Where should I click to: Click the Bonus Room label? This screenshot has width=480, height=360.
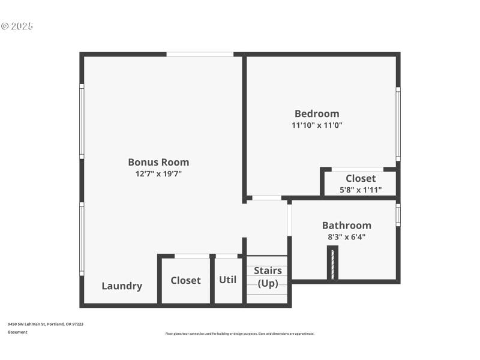(158, 162)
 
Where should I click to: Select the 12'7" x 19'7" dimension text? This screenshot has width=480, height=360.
(158, 174)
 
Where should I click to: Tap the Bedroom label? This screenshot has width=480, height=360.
(317, 113)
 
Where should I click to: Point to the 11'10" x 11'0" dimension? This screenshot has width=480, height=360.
(317, 125)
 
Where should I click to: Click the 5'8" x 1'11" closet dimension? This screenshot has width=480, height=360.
(361, 190)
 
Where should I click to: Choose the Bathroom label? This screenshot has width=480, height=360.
(347, 226)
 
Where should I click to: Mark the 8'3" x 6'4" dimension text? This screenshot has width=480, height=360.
(347, 237)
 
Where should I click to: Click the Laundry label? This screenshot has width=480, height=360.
(122, 286)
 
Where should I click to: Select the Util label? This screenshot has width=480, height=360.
(227, 280)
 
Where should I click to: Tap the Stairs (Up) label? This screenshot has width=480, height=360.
(268, 277)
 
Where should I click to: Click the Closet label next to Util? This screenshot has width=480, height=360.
(185, 280)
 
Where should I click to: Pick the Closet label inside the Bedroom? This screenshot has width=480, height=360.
(361, 178)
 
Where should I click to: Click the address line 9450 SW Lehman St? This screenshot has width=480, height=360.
(46, 324)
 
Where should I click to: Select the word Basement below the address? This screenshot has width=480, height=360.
(17, 332)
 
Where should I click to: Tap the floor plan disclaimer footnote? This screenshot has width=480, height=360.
(239, 334)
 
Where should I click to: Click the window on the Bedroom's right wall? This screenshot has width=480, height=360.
(398, 124)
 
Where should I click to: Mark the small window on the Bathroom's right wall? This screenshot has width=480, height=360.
(398, 215)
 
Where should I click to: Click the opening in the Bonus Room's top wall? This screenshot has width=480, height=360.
(200, 54)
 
